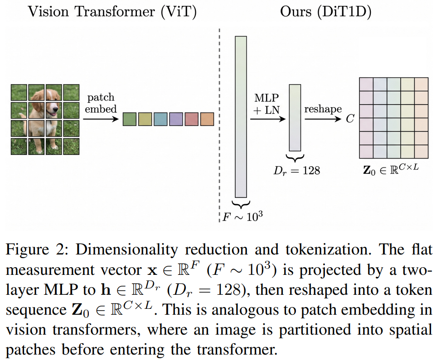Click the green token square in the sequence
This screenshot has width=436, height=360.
pyautogui.click(x=130, y=119)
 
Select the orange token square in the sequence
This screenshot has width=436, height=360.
pyautogui.click(x=207, y=119)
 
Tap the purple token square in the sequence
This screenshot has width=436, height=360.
pyautogui.click(x=176, y=119)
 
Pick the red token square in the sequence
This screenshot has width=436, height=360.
pyautogui.click(x=192, y=119)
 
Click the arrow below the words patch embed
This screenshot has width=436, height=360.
pyautogui.click(x=101, y=119)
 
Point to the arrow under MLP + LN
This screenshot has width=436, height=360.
pyautogui.click(x=268, y=119)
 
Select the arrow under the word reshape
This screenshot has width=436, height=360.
pyautogui.click(x=323, y=119)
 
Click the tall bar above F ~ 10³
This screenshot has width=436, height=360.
pyautogui.click(x=241, y=117)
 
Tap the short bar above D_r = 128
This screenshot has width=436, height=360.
pyautogui.click(x=295, y=118)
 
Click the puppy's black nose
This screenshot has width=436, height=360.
pyautogui.click(x=55, y=108)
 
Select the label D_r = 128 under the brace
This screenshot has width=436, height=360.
pyautogui.click(x=297, y=171)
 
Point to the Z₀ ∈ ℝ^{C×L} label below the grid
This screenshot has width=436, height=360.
pyautogui.click(x=391, y=169)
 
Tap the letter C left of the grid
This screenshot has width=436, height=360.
pyautogui.click(x=350, y=119)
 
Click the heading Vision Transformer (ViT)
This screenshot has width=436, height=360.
pyautogui.click(x=112, y=12)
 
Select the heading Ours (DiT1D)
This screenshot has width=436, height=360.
pyautogui.click(x=326, y=12)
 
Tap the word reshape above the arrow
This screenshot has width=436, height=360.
pyautogui.click(x=323, y=109)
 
